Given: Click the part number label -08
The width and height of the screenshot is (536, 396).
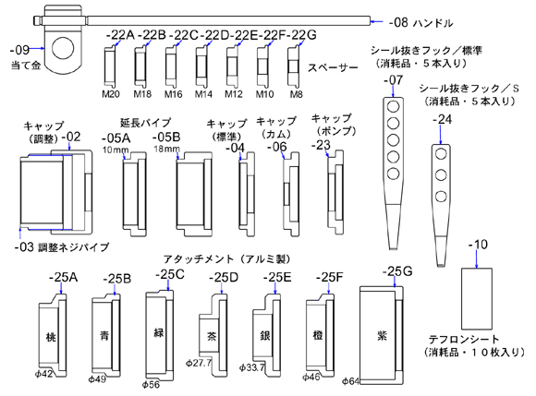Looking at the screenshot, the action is (x=398, y=23).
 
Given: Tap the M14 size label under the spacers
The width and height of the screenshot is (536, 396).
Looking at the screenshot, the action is (x=203, y=94).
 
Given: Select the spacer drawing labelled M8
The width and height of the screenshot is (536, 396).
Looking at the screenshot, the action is (x=294, y=66).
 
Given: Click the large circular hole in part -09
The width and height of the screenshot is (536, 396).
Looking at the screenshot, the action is (x=64, y=48).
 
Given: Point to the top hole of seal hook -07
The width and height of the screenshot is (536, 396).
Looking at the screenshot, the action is (x=393, y=107).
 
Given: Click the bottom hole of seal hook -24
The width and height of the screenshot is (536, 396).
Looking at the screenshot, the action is (x=441, y=197).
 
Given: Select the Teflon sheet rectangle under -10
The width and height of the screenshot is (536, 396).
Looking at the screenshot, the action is (x=477, y=298).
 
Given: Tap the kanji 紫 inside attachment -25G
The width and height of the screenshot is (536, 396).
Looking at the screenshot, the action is (x=382, y=336).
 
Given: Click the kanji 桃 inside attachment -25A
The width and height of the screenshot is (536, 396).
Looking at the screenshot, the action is (x=51, y=337).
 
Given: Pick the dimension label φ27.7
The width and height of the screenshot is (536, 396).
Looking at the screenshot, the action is (x=199, y=363).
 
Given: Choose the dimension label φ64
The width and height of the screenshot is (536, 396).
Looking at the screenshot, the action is (x=350, y=381).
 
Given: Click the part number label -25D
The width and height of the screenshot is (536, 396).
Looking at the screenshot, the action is (x=224, y=278).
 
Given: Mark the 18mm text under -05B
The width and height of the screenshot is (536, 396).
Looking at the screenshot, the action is (x=166, y=149).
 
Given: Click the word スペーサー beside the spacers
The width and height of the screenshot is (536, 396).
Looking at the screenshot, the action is (x=333, y=67).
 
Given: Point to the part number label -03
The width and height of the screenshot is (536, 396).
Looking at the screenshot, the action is (x=24, y=247).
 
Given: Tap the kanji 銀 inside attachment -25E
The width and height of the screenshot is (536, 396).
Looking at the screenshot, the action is (x=265, y=336).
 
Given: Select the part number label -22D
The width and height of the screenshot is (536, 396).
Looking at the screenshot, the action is (x=214, y=35).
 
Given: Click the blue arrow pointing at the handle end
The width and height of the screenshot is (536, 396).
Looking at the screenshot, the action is (x=377, y=21).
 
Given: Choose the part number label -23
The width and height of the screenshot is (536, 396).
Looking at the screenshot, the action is (x=321, y=145).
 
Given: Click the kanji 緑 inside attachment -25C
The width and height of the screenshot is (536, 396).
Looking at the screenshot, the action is (x=159, y=333).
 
